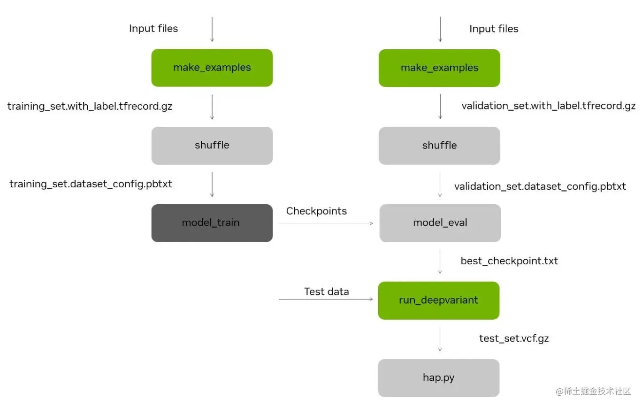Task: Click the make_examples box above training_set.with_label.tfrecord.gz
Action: (212, 68)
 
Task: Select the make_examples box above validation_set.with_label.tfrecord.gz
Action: (439, 68)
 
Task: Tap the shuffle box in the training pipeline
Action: (212, 145)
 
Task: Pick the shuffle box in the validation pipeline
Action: (439, 145)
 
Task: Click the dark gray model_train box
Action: (212, 223)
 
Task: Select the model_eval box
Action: (440, 223)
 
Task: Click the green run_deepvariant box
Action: (438, 300)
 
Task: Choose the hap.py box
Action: (438, 377)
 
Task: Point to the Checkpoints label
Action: (316, 211)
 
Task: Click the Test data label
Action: (326, 292)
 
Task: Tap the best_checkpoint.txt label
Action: (509, 261)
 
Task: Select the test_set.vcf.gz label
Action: (513, 338)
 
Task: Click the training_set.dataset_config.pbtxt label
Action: (91, 184)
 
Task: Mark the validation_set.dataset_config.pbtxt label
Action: (540, 186)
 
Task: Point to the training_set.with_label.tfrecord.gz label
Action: (90, 107)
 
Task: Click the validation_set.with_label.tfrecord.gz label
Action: (548, 106)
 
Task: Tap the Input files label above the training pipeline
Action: (153, 29)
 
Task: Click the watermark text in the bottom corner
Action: (593, 391)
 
